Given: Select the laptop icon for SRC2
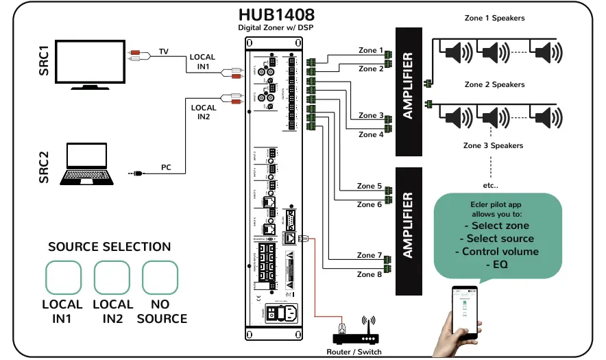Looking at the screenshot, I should click(88, 164).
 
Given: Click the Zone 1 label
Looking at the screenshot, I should click(370, 50).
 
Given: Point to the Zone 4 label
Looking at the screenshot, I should click(371, 134).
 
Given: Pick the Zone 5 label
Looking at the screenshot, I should click(369, 186).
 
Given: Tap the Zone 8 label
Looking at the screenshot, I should click(369, 274).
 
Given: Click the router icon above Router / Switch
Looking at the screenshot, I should click(356, 334).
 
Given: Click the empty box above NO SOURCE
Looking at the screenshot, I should click(160, 278).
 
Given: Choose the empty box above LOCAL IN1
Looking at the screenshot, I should click(63, 278).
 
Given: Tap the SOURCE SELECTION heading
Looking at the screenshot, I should click(110, 247).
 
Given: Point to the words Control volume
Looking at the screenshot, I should click(496, 251).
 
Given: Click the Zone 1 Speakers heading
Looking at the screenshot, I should click(494, 18).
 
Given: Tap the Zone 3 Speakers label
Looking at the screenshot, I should click(493, 145).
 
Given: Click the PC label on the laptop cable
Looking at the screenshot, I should click(166, 167).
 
